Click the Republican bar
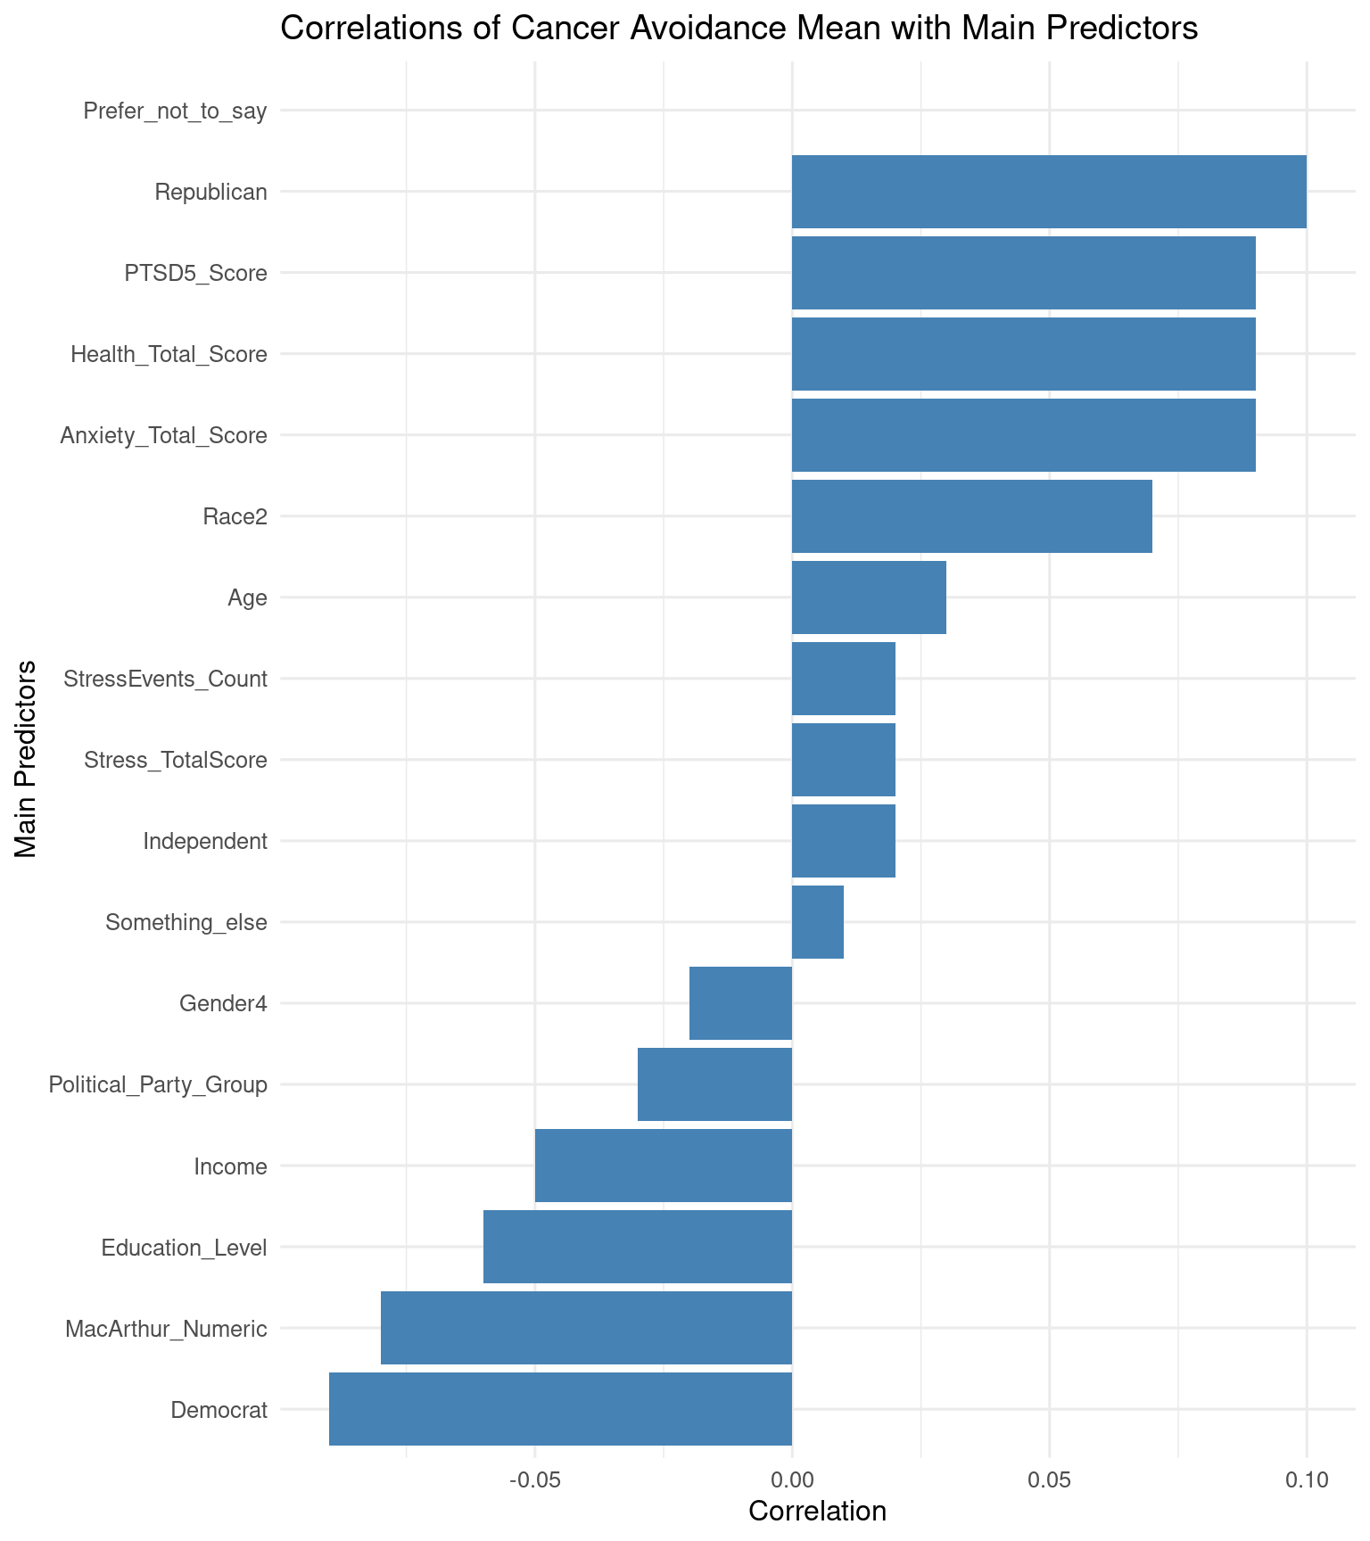click(1049, 192)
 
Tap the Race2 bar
click(971, 516)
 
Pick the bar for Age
click(869, 597)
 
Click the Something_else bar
click(817, 922)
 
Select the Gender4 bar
click(740, 1003)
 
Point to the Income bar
click(663, 1166)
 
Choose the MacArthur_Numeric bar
click(586, 1328)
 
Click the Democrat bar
click(560, 1409)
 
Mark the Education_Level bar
click(637, 1247)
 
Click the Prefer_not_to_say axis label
click(175, 111)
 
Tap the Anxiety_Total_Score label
click(163, 436)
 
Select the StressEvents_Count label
click(165, 680)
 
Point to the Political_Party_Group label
click(158, 1085)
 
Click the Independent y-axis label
click(205, 841)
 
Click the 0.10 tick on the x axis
click(1306, 1481)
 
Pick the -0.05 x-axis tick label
click(533, 1481)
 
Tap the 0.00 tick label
click(792, 1481)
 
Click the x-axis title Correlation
click(817, 1512)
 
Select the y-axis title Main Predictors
click(27, 759)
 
